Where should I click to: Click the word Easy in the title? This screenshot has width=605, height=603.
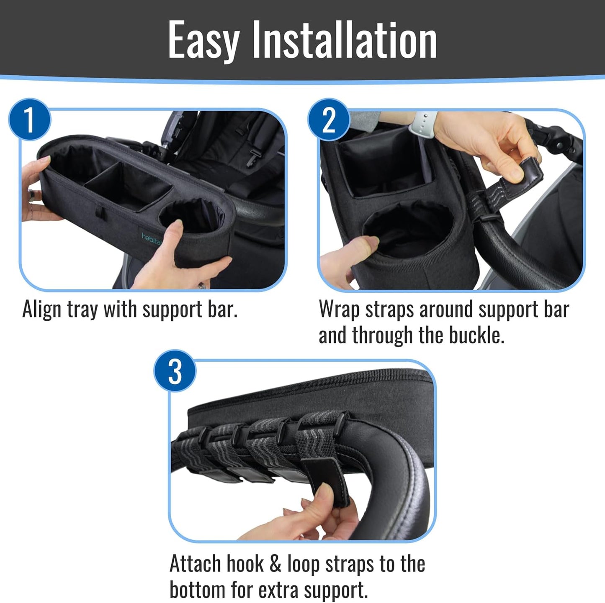203,41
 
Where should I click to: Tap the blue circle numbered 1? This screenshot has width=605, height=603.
29,120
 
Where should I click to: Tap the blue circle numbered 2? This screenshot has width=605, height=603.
329,120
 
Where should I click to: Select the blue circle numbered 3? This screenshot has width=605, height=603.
175,371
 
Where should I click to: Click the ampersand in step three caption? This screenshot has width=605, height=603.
275,564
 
